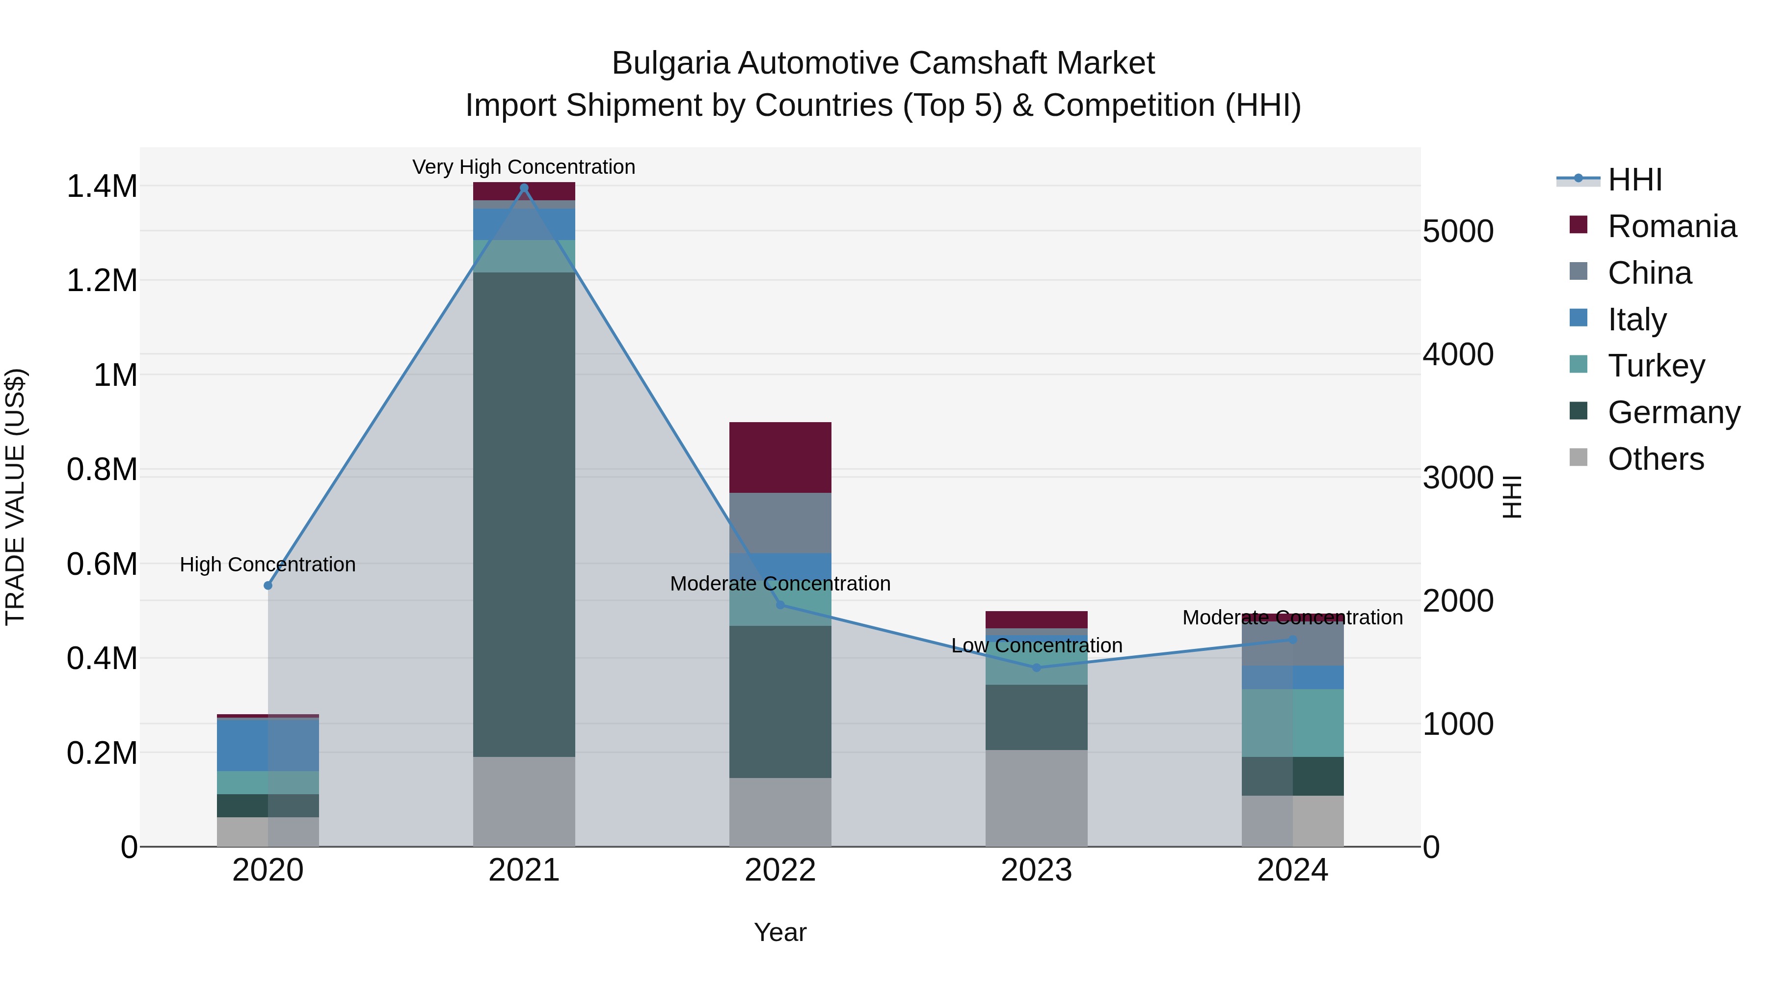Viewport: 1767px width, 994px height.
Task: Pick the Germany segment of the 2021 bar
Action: [x=524, y=514]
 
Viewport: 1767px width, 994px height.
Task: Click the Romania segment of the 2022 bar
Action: [x=780, y=457]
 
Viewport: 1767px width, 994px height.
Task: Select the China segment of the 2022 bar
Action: [x=780, y=523]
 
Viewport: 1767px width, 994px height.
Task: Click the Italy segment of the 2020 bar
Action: [x=268, y=745]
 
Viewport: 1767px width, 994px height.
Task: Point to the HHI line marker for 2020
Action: [x=268, y=586]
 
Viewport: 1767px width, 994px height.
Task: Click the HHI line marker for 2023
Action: [x=1037, y=668]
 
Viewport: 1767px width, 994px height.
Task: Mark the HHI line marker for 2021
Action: [x=524, y=188]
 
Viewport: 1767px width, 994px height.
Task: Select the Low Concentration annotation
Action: [x=1037, y=645]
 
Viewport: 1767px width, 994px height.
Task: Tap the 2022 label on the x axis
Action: [x=780, y=870]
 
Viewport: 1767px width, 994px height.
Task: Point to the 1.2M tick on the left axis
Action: [x=102, y=281]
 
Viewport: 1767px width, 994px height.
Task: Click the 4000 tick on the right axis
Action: [x=1458, y=355]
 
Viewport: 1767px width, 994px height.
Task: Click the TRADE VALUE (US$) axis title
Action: [x=15, y=497]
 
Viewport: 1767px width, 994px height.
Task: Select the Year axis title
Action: [x=780, y=932]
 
